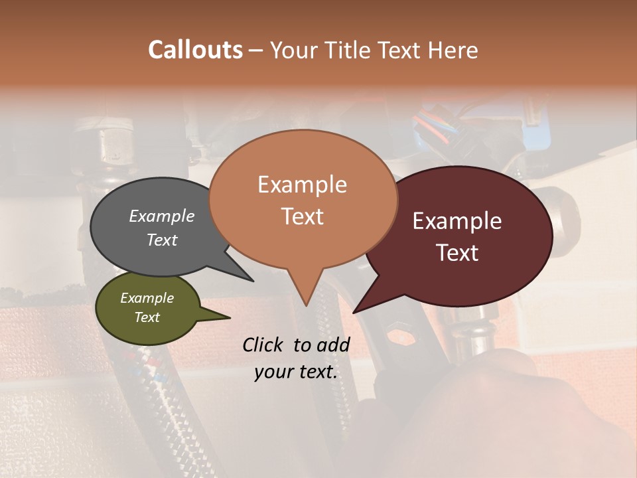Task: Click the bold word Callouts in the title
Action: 195,50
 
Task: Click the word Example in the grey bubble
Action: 162,216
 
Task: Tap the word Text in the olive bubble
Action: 147,317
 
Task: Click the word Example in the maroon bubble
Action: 457,221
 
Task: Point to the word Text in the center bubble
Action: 303,216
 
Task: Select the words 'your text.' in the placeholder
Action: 296,372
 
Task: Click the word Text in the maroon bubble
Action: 458,253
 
